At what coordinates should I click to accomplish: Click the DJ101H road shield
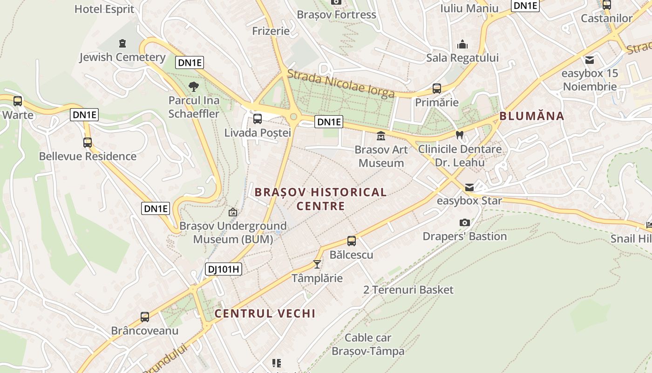pyautogui.click(x=224, y=269)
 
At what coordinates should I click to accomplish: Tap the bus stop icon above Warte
pyautogui.click(x=18, y=101)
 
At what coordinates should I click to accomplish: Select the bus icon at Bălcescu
pyautogui.click(x=352, y=241)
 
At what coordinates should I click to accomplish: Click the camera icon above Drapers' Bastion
pyautogui.click(x=464, y=223)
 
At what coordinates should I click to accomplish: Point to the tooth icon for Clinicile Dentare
pyautogui.click(x=460, y=135)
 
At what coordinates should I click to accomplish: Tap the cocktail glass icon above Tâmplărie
pyautogui.click(x=317, y=264)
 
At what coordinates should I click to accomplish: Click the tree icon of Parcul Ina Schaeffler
pyautogui.click(x=193, y=86)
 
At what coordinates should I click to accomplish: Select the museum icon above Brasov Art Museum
pyautogui.click(x=381, y=136)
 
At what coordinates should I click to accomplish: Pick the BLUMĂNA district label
pyautogui.click(x=532, y=116)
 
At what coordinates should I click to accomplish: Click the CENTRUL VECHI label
pyautogui.click(x=265, y=313)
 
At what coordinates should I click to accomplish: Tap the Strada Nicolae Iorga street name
pyautogui.click(x=341, y=84)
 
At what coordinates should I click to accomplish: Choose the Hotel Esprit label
pyautogui.click(x=104, y=9)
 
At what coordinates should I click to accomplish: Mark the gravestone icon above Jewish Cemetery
pyautogui.click(x=122, y=43)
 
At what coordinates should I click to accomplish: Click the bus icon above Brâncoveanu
pyautogui.click(x=145, y=317)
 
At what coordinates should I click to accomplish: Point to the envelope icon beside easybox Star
pyautogui.click(x=469, y=187)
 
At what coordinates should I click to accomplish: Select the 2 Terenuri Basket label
pyautogui.click(x=408, y=290)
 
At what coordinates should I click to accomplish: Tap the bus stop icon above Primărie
pyautogui.click(x=437, y=89)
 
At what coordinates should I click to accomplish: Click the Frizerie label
pyautogui.click(x=271, y=31)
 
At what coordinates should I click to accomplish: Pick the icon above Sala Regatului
pyautogui.click(x=462, y=44)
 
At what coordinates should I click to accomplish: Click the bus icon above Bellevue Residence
pyautogui.click(x=88, y=143)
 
